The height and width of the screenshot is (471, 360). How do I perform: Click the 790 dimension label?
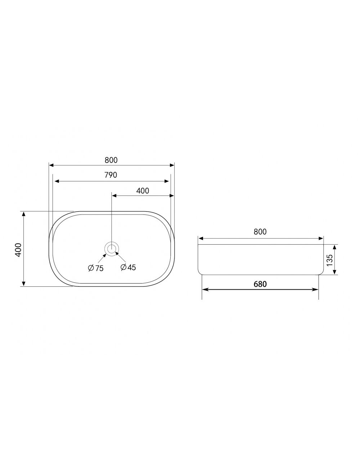point(111,175)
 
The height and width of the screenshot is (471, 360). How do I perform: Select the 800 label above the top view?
point(111,160)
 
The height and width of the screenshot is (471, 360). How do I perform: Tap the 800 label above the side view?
point(260,232)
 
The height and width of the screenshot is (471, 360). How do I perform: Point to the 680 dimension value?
point(260,284)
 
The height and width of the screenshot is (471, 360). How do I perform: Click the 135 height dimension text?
point(329,260)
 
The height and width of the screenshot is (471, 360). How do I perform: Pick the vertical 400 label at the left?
point(18,250)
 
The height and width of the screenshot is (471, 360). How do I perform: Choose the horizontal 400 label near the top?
point(143,191)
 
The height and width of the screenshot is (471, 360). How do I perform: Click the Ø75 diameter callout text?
point(96,268)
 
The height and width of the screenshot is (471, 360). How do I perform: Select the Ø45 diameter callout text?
point(128,267)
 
